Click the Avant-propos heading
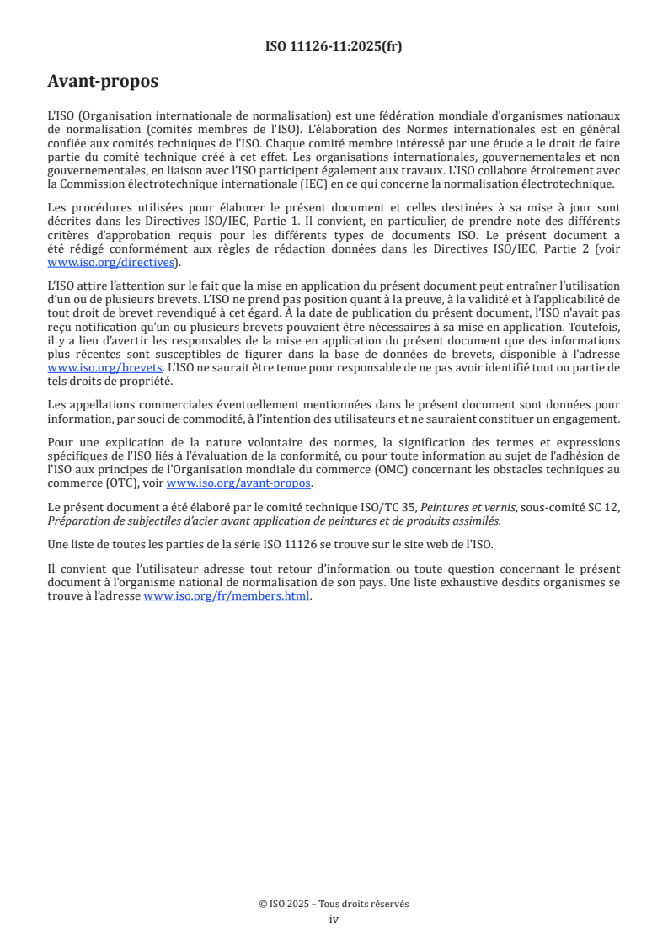point(103,82)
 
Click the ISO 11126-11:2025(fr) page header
point(334,46)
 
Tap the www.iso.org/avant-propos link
point(239,483)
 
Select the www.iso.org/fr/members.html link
point(227,596)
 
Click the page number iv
point(334,919)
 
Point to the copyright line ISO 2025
point(334,904)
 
